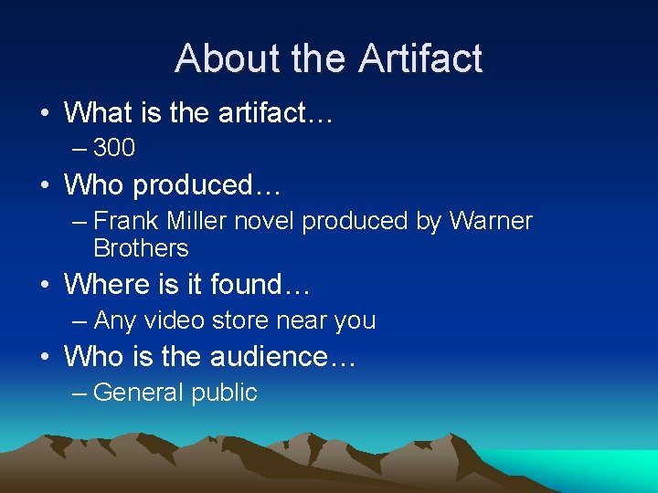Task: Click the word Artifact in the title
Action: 419,58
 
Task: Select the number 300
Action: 114,147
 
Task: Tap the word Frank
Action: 123,221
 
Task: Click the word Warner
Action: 490,221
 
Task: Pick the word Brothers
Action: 141,248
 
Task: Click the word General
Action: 138,393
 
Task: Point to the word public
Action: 224,393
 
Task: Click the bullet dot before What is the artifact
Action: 45,113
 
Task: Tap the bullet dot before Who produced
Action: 45,185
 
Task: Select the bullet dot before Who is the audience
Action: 45,357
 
